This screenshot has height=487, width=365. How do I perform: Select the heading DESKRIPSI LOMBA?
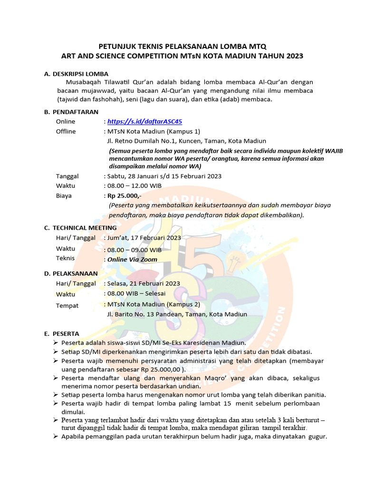pos(80,74)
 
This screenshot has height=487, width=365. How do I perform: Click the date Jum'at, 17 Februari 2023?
pos(144,237)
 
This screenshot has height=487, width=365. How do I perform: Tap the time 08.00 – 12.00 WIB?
pos(134,185)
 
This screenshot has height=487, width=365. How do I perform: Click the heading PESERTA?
pos(66,333)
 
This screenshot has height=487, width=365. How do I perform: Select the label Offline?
pos(66,131)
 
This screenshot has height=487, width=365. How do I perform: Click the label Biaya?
pos(64,195)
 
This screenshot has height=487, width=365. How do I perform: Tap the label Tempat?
pos(67,305)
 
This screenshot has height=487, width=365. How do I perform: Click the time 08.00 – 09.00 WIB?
pos(134,250)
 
